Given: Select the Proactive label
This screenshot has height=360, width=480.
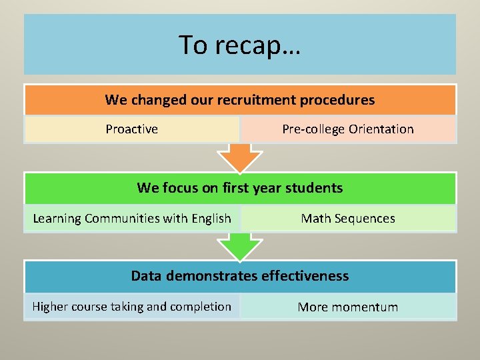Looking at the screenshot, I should [x=132, y=129].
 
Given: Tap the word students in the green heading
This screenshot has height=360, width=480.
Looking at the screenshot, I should [x=313, y=188].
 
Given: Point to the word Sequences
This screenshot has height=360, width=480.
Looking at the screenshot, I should [x=365, y=219].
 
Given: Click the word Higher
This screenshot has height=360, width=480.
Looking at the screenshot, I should [x=51, y=307].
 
